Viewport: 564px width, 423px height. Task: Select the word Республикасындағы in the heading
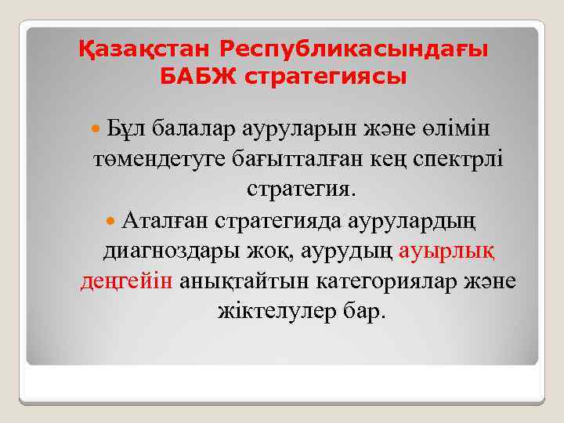coord(353,49)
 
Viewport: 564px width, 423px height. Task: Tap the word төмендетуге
coord(159,158)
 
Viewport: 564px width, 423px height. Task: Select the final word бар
coord(363,311)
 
